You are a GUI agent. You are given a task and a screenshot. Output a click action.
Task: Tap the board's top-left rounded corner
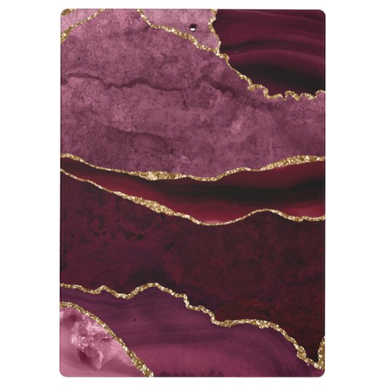(64, 13)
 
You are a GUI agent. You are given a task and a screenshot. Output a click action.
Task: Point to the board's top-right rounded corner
(321, 13)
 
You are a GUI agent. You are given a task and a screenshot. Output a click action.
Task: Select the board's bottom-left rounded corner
(64, 372)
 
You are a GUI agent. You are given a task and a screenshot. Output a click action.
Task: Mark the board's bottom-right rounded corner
(321, 372)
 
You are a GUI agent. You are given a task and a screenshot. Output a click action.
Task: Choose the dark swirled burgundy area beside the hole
(269, 51)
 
